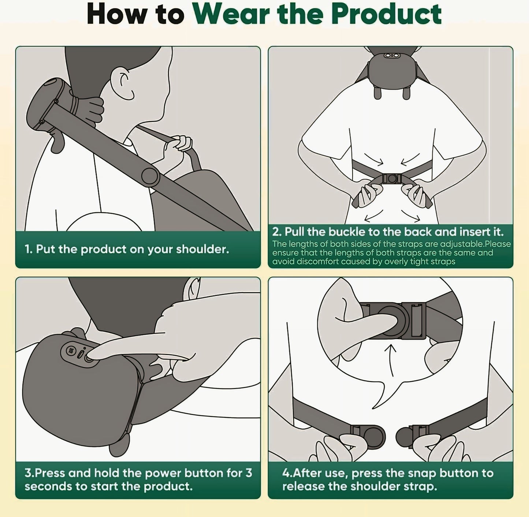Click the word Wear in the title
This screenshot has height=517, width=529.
(x=232, y=15)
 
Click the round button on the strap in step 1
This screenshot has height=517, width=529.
(x=150, y=177)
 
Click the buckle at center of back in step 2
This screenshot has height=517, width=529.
(x=392, y=179)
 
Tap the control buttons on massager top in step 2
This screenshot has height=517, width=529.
(x=391, y=55)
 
